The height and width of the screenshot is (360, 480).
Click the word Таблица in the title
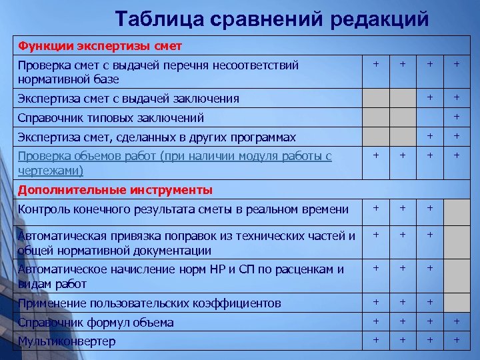click(156, 19)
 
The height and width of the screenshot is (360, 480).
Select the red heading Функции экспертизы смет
click(99, 46)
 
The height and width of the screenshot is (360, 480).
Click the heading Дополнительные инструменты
click(115, 190)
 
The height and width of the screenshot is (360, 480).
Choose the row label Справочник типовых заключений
click(111, 118)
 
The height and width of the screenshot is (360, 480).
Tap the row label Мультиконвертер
click(67, 341)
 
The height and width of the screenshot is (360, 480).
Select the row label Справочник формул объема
click(95, 323)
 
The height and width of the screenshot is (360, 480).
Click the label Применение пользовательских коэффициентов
click(149, 303)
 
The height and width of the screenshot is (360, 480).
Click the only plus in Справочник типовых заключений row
click(457, 117)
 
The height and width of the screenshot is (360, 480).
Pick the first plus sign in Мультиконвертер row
click(376, 340)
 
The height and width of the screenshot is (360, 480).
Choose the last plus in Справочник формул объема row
click(457, 321)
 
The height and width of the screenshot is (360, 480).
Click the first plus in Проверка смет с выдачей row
click(376, 64)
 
